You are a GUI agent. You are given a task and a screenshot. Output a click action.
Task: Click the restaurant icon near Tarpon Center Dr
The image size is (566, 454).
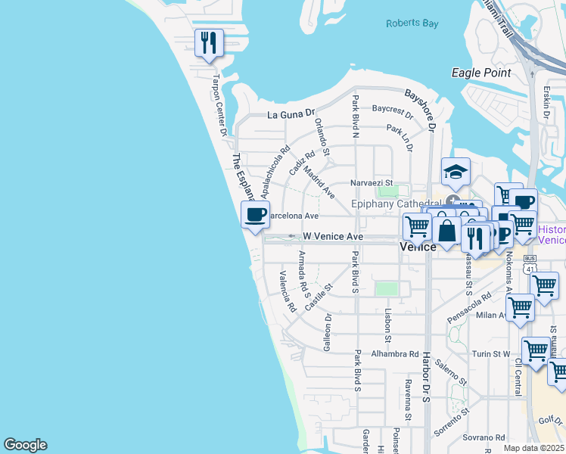pyautogui.click(x=208, y=43)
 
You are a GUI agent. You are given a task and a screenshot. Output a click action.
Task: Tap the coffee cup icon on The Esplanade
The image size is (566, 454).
pyautogui.click(x=255, y=214)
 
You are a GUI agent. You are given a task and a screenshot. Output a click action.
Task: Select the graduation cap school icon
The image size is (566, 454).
pyautogui.click(x=456, y=173)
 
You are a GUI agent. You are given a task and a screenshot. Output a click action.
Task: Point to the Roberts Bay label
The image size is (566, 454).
pyautogui.click(x=412, y=23)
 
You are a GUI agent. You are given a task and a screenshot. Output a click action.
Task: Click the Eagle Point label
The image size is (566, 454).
pyautogui.click(x=480, y=73)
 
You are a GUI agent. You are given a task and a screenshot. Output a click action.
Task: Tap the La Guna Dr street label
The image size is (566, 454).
pyautogui.click(x=291, y=114)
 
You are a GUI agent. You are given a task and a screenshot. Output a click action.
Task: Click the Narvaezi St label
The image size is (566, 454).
pyautogui.click(x=372, y=182)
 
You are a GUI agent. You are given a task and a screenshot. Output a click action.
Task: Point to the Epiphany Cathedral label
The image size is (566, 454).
pyautogui.click(x=397, y=204)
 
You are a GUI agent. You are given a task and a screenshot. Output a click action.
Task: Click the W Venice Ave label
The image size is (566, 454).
pyautogui.click(x=332, y=236)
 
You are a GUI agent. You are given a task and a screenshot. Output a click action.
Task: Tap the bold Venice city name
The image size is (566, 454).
pyautogui.click(x=417, y=247)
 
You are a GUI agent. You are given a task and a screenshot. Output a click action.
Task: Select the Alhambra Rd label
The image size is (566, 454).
pyautogui.click(x=394, y=353)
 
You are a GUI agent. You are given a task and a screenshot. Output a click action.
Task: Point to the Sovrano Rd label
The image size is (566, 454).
pyautogui.click(x=484, y=437)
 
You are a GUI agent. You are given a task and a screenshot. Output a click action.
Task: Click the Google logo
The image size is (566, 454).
pyautogui.click(x=25, y=445)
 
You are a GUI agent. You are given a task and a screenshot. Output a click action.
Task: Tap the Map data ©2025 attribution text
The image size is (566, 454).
pyautogui.click(x=533, y=448)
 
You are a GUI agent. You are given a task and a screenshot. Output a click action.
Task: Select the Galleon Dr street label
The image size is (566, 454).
pyautogui.click(x=328, y=333)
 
